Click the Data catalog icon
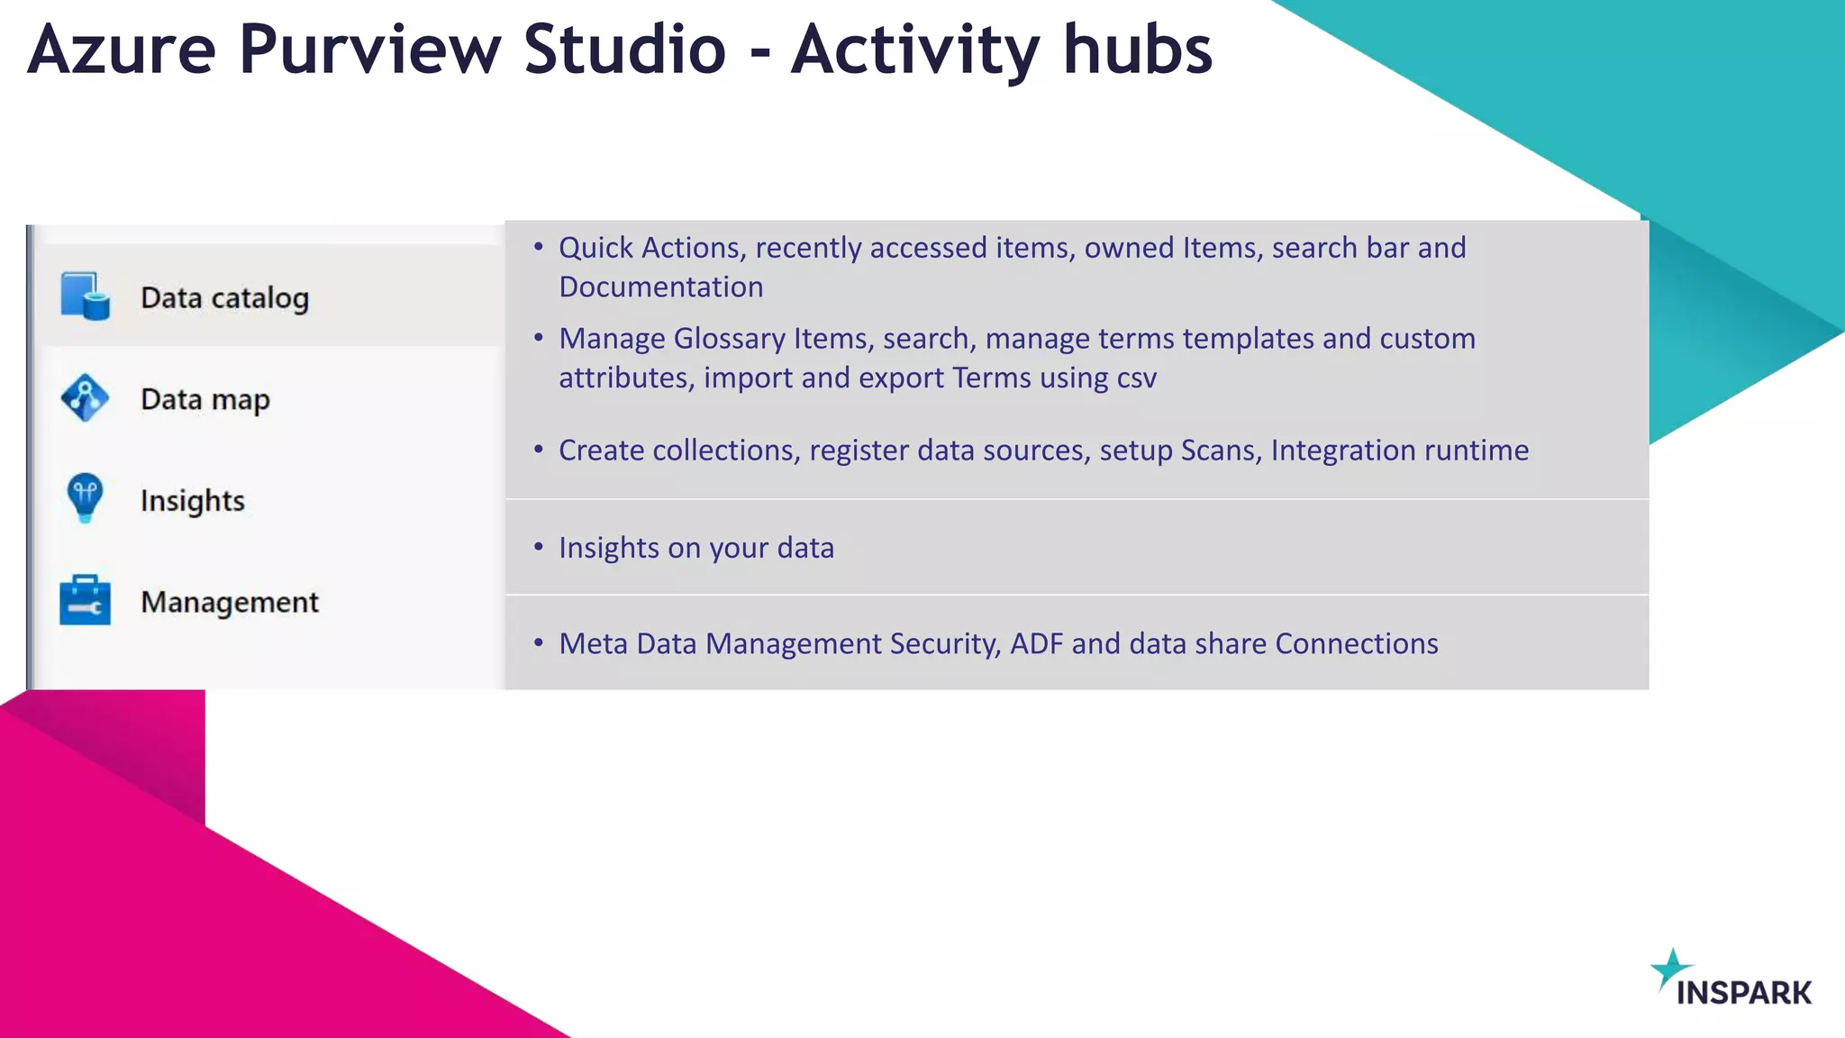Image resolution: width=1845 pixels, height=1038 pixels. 86,296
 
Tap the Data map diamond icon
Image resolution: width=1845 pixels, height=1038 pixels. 85,398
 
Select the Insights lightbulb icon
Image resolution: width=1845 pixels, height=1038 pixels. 85,497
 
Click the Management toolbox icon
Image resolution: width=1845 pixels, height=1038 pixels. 85,600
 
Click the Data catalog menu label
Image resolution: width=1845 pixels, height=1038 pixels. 224,298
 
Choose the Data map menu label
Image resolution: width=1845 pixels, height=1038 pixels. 204,399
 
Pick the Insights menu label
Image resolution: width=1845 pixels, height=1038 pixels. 192,501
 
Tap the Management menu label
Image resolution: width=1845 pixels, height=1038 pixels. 229,602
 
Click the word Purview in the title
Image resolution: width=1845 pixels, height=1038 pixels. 369,50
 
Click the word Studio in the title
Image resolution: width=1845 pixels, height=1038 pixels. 624,50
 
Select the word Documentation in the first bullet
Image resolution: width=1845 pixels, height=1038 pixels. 660,287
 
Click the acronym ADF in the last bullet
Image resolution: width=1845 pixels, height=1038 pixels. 1036,644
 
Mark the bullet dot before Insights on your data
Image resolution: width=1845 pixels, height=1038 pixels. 538,547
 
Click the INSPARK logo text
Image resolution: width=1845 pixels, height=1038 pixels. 1743,993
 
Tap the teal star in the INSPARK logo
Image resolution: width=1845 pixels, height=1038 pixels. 1670,969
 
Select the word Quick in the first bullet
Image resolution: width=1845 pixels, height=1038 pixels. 595,248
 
